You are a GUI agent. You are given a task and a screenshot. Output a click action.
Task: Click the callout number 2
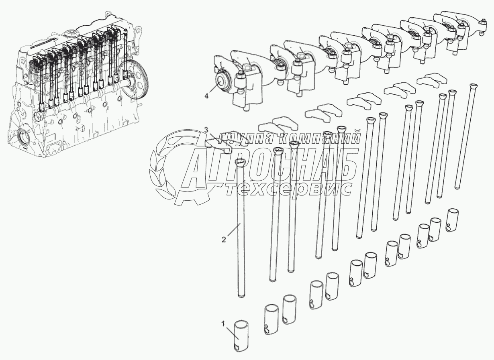click(224, 240)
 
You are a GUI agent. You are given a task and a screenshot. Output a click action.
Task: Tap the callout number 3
click(206, 130)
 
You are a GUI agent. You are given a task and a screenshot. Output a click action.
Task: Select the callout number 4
click(206, 96)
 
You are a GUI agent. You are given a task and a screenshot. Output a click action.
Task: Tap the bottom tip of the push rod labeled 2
click(242, 297)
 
